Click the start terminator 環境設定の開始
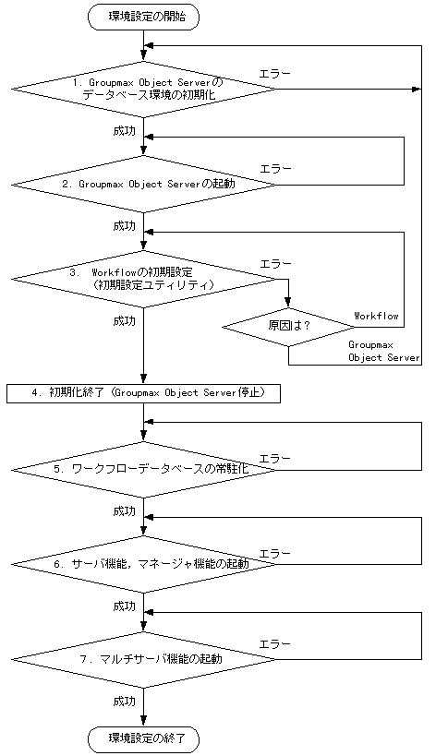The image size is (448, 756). click(x=144, y=16)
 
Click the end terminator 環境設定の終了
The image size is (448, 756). click(x=144, y=738)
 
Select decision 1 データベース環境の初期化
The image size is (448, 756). click(x=144, y=90)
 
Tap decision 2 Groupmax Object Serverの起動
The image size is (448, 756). click(x=144, y=184)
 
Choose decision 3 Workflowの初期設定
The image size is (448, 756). click(x=144, y=279)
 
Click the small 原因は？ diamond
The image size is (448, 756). click(x=288, y=327)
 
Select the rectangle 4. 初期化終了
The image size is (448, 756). click(x=144, y=393)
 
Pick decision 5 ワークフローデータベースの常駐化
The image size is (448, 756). click(x=144, y=469)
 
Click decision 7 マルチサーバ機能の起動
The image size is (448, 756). click(x=144, y=659)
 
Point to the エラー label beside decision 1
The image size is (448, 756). click(x=275, y=73)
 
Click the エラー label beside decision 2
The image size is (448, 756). click(x=275, y=168)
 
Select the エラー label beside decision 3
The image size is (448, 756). click(x=275, y=263)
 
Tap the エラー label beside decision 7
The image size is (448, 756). click(x=275, y=643)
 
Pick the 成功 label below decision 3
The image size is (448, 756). click(x=124, y=321)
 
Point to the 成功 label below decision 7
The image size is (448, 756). click(x=124, y=702)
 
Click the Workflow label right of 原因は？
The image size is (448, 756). click(x=376, y=316)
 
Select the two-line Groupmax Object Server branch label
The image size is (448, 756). click(x=383, y=350)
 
